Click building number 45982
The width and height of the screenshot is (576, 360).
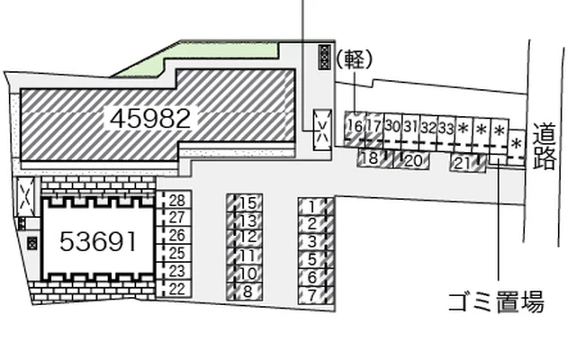click(150, 118)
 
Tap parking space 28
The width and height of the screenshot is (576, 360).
click(176, 200)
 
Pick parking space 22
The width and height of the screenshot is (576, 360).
click(176, 289)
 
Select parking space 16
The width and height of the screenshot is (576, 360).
click(355, 128)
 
